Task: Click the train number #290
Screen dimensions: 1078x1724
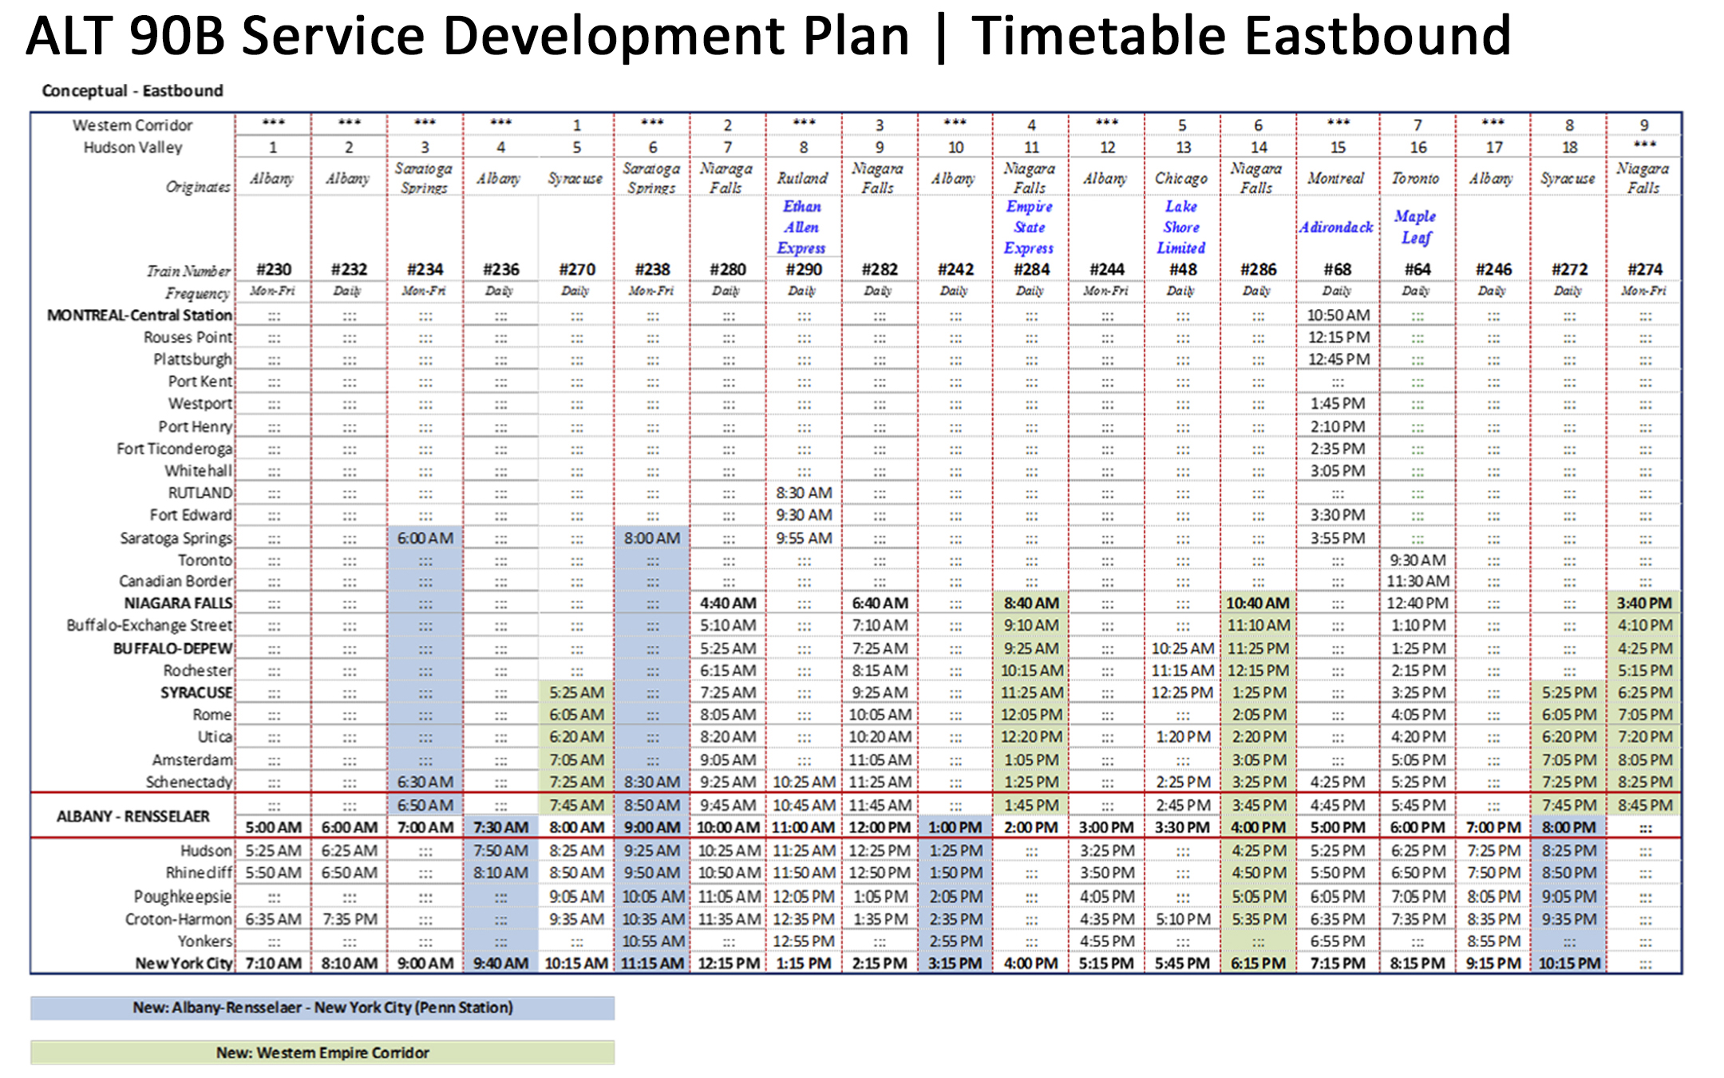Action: click(803, 270)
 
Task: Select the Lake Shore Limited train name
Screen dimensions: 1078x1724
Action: click(1181, 227)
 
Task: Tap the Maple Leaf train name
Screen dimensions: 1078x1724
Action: click(1416, 227)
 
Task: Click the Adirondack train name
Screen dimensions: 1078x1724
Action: click(1336, 228)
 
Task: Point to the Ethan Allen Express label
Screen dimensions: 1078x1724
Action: click(802, 227)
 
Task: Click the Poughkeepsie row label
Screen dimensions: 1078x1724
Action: click(183, 897)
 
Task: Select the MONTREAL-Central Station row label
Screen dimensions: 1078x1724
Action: click(140, 315)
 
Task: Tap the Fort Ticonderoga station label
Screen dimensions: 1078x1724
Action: click(174, 449)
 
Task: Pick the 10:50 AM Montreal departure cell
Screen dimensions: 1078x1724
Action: click(1338, 315)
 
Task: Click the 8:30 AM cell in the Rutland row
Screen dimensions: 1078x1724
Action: click(804, 493)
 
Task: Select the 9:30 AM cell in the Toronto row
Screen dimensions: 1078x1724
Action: click(1417, 560)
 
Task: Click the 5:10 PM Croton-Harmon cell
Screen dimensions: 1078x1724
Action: click(1182, 919)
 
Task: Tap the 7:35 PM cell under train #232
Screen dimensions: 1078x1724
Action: click(350, 919)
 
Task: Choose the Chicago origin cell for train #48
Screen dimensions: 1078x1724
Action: click(1181, 178)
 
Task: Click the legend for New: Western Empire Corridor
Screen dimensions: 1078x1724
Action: click(322, 1052)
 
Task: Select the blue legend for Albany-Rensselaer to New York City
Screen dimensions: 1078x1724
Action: click(322, 1008)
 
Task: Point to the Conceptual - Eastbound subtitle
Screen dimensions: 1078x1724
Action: click(132, 91)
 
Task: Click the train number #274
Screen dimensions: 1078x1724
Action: click(1644, 270)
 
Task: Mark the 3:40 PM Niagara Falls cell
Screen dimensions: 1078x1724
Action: click(1644, 604)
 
